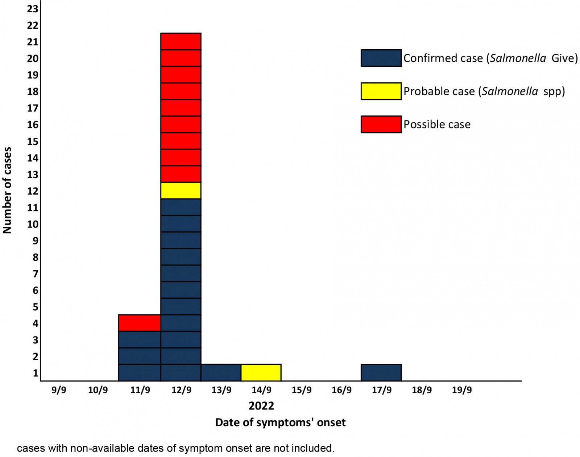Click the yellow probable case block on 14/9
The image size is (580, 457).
coord(261,372)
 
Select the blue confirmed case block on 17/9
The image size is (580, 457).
coord(381,372)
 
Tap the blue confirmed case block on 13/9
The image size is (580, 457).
coord(221,372)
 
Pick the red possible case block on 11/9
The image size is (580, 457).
coord(140,323)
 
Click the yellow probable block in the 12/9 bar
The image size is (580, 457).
coord(181,190)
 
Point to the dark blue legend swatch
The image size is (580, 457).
coord(381,58)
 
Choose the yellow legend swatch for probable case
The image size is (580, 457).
coord(381,91)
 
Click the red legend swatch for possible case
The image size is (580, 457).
coord(381,124)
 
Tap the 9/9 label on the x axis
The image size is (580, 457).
coord(59,390)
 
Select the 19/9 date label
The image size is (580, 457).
coord(462,390)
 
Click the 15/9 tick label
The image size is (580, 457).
coord(302,390)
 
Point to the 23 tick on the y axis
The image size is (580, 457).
coord(33,9)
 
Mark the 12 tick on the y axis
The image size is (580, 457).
coord(33,191)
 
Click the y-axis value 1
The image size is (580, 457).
coord(35,373)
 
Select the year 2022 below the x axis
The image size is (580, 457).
coord(261,405)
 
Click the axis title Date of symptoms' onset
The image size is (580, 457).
coord(280,423)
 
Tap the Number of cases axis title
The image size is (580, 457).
coord(7,190)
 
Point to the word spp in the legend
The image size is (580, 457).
coord(552,91)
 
